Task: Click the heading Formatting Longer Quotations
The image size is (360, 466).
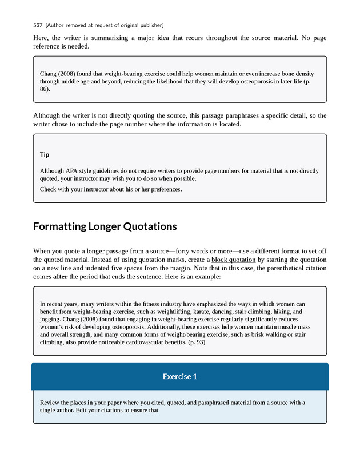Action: click(105, 226)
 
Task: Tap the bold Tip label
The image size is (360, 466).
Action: click(45, 155)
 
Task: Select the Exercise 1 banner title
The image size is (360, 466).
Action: click(179, 376)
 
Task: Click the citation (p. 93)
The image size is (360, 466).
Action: click(194, 343)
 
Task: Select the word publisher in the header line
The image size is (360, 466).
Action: click(150, 25)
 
